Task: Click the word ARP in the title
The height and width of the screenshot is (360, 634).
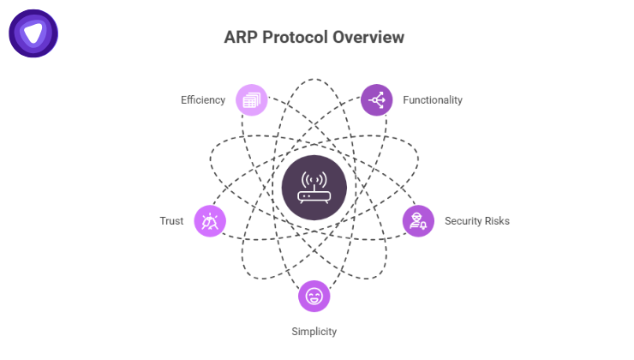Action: (x=242, y=38)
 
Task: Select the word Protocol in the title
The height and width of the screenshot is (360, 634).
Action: (x=296, y=38)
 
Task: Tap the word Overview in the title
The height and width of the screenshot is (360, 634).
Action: (x=368, y=38)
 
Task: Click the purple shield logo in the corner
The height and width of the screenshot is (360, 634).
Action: (x=33, y=33)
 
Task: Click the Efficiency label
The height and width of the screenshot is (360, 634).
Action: (x=203, y=100)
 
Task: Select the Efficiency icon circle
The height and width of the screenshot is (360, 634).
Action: (x=252, y=100)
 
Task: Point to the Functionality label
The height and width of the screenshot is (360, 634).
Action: (x=433, y=100)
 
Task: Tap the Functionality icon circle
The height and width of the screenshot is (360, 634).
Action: (x=377, y=100)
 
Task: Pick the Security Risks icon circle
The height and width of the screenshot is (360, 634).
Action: (x=418, y=221)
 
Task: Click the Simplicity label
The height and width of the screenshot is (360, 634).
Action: (x=314, y=331)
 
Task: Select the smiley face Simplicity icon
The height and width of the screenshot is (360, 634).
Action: (x=314, y=297)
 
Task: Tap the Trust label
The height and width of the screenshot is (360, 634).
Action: (x=171, y=221)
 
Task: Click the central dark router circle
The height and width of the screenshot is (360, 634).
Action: (x=314, y=188)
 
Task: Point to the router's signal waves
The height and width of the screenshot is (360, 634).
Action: (x=314, y=178)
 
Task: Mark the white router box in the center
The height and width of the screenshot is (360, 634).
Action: (x=314, y=195)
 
